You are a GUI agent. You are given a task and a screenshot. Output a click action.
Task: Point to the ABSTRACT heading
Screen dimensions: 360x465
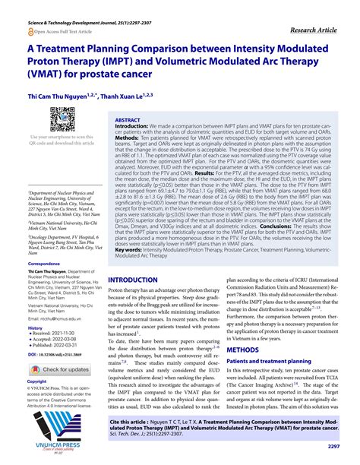(127, 121)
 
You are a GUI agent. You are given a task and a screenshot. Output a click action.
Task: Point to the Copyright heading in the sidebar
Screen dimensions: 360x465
(36, 381)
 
